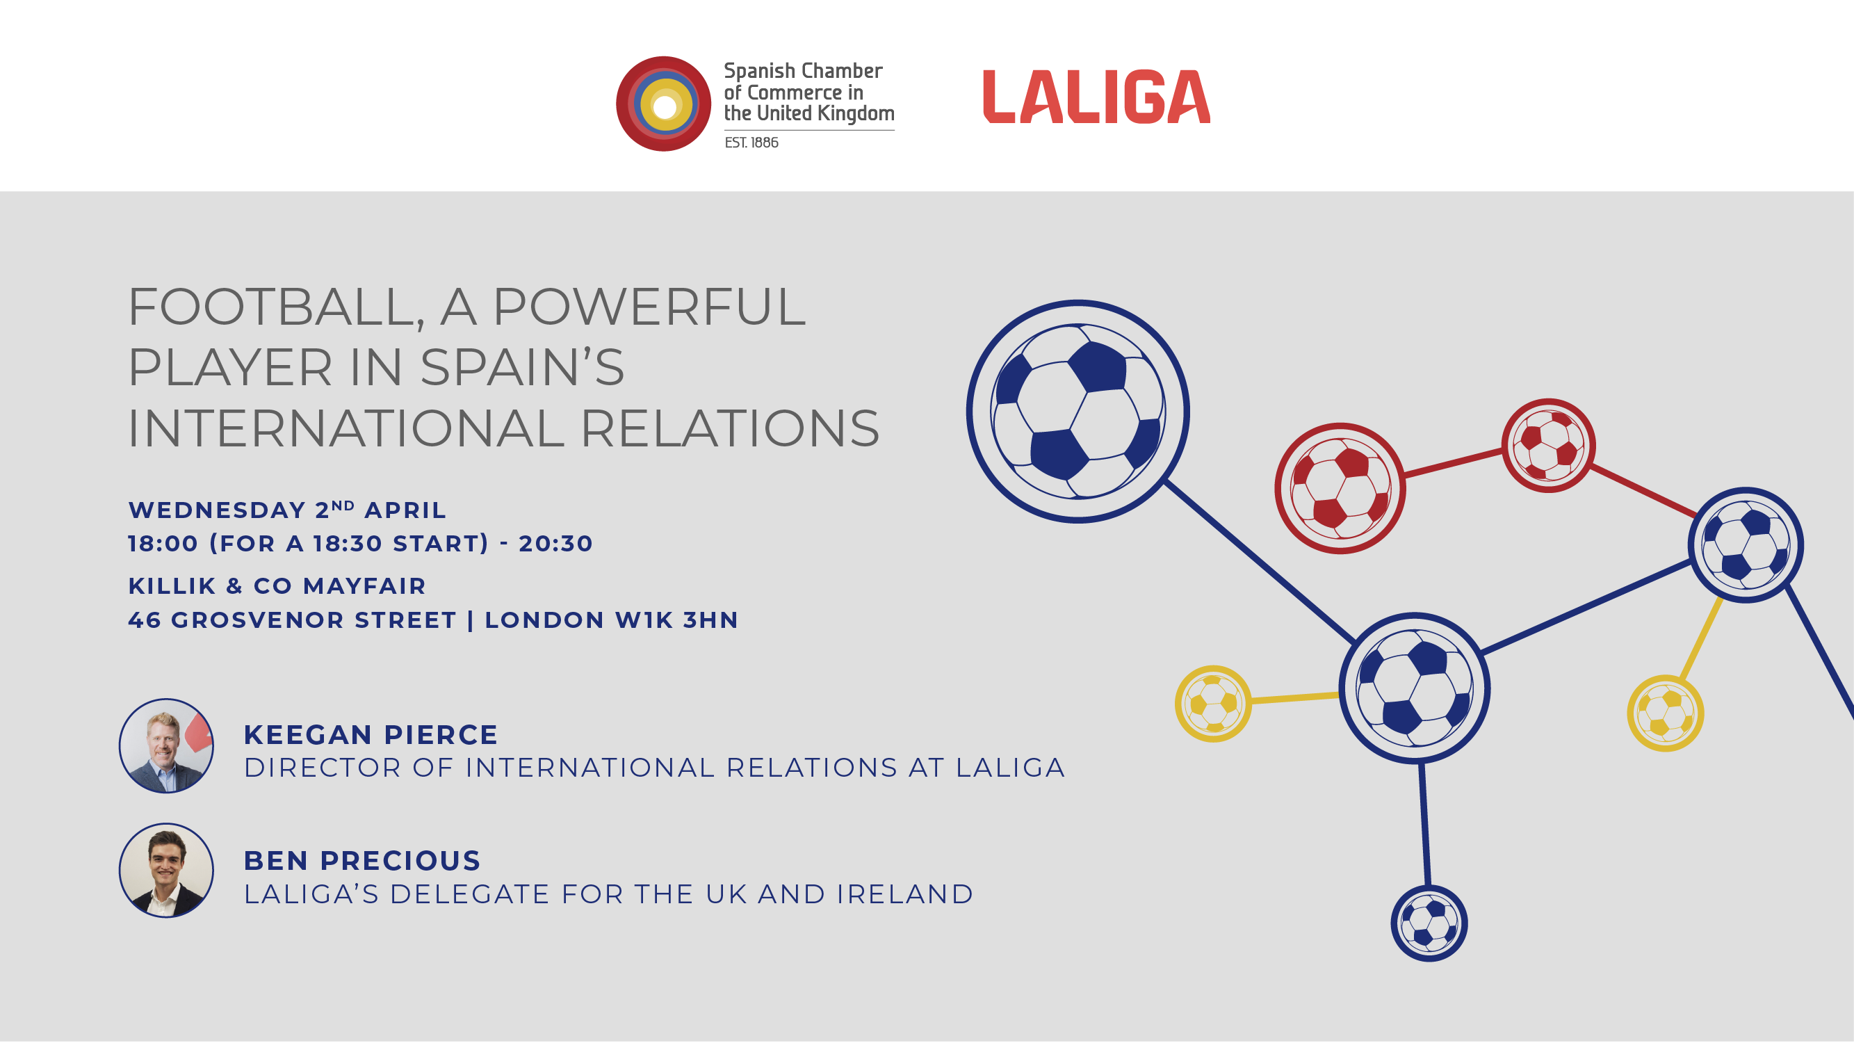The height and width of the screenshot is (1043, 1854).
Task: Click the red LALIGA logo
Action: pyautogui.click(x=1096, y=97)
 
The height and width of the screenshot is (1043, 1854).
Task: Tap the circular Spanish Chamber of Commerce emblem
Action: pyautogui.click(x=664, y=104)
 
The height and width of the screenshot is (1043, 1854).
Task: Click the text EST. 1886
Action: pyautogui.click(x=751, y=143)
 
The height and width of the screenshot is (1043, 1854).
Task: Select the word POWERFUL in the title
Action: pyautogui.click(x=649, y=307)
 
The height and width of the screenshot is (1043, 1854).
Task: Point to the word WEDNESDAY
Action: pyautogui.click(x=218, y=510)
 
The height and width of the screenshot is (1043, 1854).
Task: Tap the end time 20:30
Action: pyautogui.click(x=555, y=544)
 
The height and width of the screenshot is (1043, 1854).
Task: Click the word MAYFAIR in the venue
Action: pyautogui.click(x=364, y=586)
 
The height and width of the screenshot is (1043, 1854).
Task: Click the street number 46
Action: pyautogui.click(x=145, y=620)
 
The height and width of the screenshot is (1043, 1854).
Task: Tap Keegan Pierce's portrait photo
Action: pyautogui.click(x=166, y=745)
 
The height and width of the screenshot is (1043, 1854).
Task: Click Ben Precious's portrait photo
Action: pyautogui.click(x=166, y=871)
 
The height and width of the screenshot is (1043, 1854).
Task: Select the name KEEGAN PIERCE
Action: pyautogui.click(x=371, y=735)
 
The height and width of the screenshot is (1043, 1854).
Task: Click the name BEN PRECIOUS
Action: pyautogui.click(x=362, y=861)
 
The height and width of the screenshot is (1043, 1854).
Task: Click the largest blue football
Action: pyautogui.click(x=1078, y=412)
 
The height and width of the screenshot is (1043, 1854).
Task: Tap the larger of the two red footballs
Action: pyautogui.click(x=1340, y=488)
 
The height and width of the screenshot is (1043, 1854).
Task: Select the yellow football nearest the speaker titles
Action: pyautogui.click(x=1214, y=703)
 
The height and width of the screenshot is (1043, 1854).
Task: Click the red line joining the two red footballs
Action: pyautogui.click(x=1453, y=463)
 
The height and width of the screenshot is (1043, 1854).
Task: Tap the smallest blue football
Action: pyautogui.click(x=1429, y=923)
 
